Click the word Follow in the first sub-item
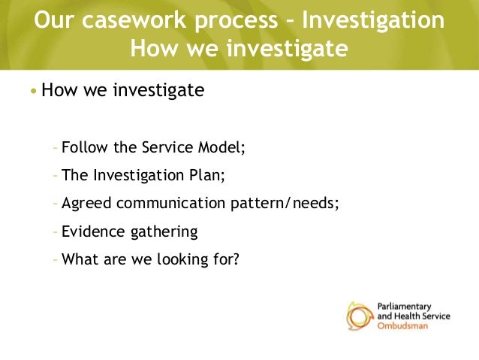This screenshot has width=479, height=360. pos(84,146)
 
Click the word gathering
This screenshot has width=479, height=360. pos(163,232)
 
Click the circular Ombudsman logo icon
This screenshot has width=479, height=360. pos(360,316)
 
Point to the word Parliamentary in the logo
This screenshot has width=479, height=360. pos(404,307)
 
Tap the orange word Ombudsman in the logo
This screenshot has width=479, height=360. pos(400,326)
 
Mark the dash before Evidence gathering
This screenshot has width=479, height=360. pos(56,231)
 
